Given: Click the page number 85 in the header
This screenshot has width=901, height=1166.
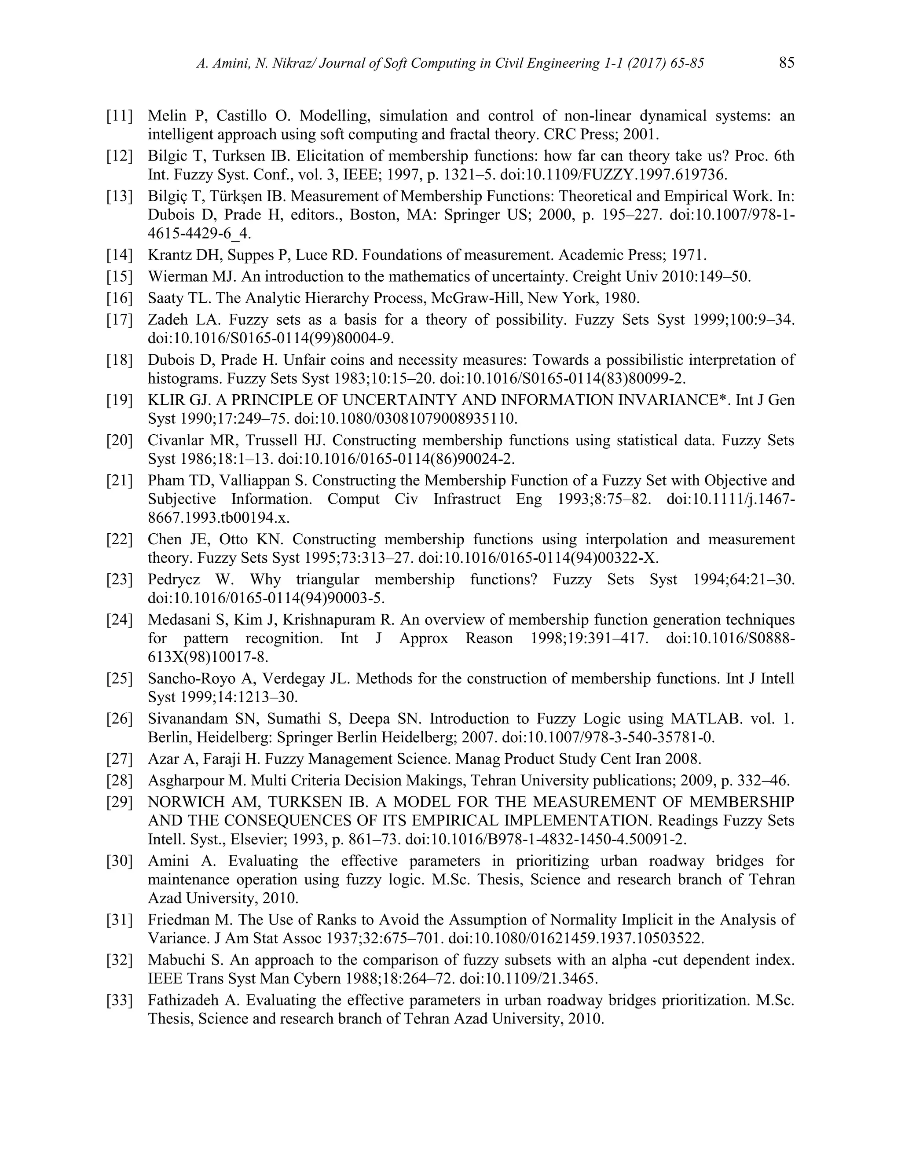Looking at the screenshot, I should coord(787,63).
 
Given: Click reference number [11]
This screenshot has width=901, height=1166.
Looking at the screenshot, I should coord(120,115).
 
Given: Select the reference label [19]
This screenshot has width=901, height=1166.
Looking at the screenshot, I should coord(120,400).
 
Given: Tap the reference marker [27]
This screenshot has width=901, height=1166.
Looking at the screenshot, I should coord(120,759).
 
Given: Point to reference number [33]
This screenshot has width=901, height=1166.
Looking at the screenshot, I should coord(120,1000).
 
